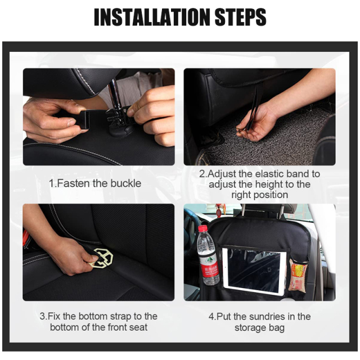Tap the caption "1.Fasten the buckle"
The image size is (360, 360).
95,183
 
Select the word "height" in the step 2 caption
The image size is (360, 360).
271,184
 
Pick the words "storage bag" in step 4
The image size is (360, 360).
259,327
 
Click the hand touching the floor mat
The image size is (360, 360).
256,124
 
